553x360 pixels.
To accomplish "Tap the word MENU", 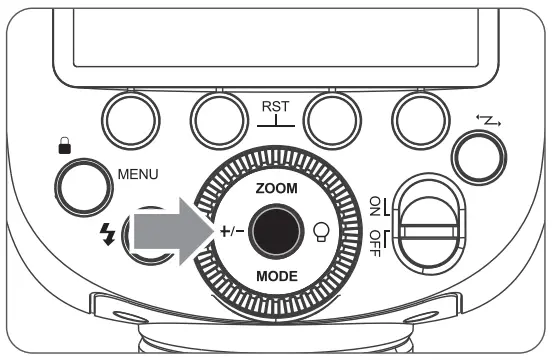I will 137,173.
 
